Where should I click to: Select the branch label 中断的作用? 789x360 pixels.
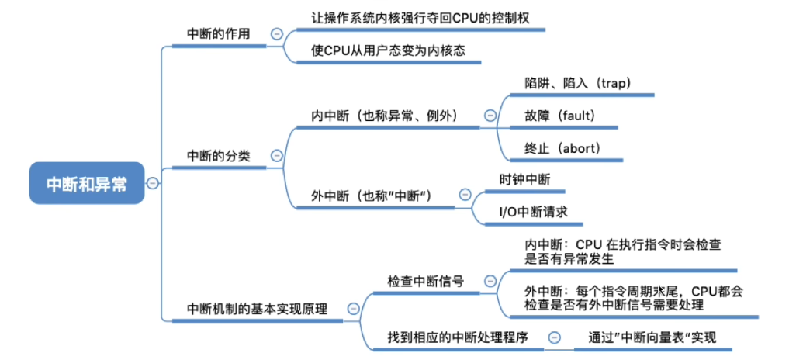219,34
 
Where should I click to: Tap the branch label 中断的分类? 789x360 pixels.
219,155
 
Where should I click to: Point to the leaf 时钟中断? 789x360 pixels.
525,179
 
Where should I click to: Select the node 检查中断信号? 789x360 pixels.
426,281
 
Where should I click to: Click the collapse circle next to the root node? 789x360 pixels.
153,183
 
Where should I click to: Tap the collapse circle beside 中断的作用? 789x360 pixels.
276,34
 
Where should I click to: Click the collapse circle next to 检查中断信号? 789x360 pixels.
490,281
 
